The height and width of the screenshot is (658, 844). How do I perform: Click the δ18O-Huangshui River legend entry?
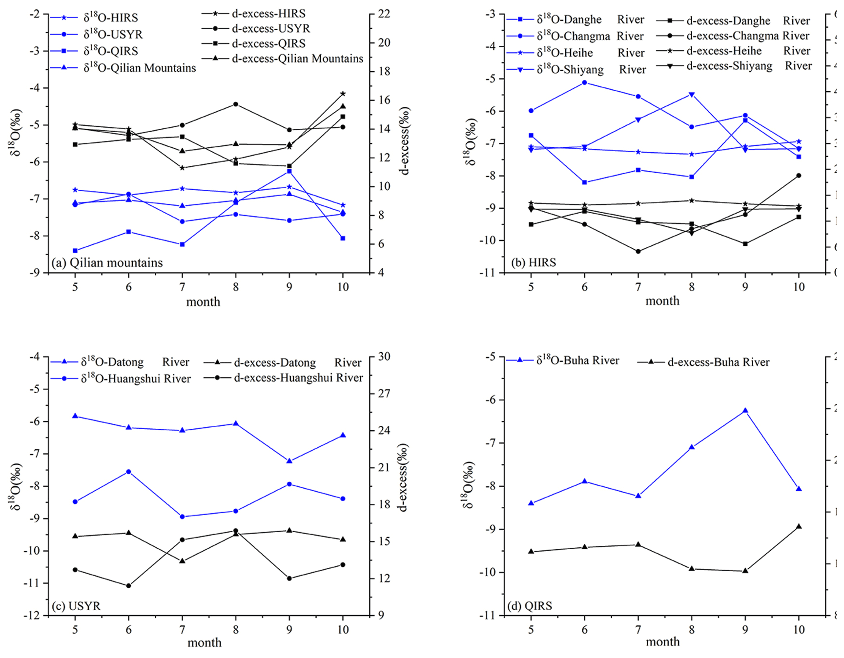[136, 379]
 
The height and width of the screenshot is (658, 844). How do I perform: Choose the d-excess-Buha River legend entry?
[718, 362]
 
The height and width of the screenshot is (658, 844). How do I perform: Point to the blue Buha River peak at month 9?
[745, 411]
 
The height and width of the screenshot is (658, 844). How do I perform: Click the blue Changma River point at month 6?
[584, 82]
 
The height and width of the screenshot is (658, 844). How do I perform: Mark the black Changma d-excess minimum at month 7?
[638, 251]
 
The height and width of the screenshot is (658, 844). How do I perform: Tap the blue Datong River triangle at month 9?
[289, 460]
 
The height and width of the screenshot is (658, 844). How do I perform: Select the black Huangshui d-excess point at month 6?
[129, 585]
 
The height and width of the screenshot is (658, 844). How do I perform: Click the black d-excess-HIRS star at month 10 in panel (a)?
[343, 94]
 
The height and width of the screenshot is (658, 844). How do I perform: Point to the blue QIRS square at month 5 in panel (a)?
[75, 251]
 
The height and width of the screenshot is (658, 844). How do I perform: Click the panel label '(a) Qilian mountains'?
[107, 263]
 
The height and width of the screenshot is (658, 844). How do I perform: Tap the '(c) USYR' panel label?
[76, 606]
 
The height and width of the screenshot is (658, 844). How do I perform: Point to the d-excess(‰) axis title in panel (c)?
[404, 478]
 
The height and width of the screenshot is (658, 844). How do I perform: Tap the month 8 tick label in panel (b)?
[692, 287]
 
